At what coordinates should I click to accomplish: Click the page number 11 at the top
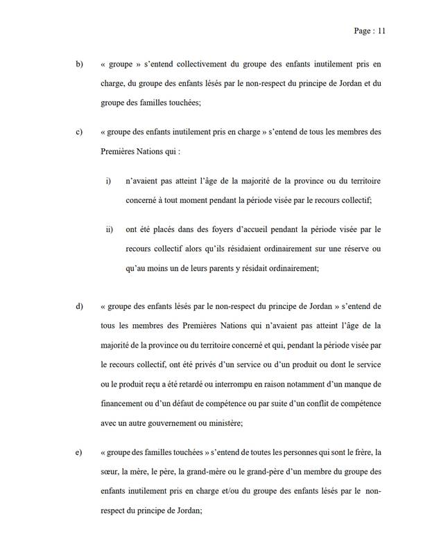coord(380,30)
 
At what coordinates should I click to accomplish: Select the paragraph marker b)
coord(79,64)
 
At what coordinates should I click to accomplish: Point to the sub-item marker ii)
coord(109,229)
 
